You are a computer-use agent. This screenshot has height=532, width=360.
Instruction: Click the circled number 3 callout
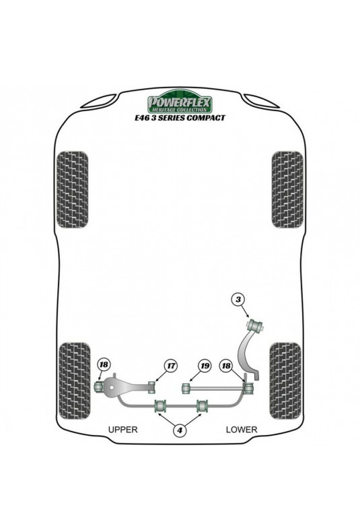click(239, 299)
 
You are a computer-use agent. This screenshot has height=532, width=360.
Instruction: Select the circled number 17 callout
click(171, 366)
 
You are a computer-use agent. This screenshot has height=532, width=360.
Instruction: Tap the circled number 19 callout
click(205, 366)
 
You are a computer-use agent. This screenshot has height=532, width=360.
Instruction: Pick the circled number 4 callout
click(180, 430)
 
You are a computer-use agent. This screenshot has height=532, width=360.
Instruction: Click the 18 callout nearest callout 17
click(104, 365)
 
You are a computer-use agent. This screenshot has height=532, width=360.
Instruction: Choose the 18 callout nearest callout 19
click(226, 366)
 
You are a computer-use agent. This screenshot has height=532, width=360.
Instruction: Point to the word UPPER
click(122, 430)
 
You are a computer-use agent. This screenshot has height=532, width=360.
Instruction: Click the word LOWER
click(242, 430)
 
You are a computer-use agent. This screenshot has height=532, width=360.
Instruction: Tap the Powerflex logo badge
click(180, 101)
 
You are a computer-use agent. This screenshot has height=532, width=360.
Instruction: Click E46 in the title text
click(142, 118)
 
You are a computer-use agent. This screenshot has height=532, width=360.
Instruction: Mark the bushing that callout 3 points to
click(256, 325)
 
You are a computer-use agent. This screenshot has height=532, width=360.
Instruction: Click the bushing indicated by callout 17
click(151, 387)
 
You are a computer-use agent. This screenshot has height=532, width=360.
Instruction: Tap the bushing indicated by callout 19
click(186, 389)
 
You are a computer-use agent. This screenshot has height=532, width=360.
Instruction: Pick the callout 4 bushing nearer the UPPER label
click(161, 405)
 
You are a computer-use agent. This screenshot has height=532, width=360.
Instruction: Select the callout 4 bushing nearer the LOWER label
click(203, 405)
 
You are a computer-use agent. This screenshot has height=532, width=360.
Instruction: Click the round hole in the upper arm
click(111, 387)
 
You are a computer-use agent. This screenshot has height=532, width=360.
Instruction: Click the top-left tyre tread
click(72, 189)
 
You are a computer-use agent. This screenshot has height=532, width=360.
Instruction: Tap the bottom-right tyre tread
click(285, 380)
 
